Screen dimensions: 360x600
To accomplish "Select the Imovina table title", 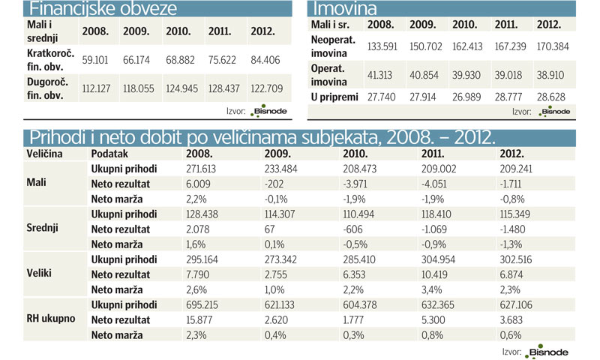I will tap(346, 10).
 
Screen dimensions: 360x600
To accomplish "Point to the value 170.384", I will tap(553, 46).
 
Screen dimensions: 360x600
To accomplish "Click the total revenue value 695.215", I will tap(201, 304).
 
